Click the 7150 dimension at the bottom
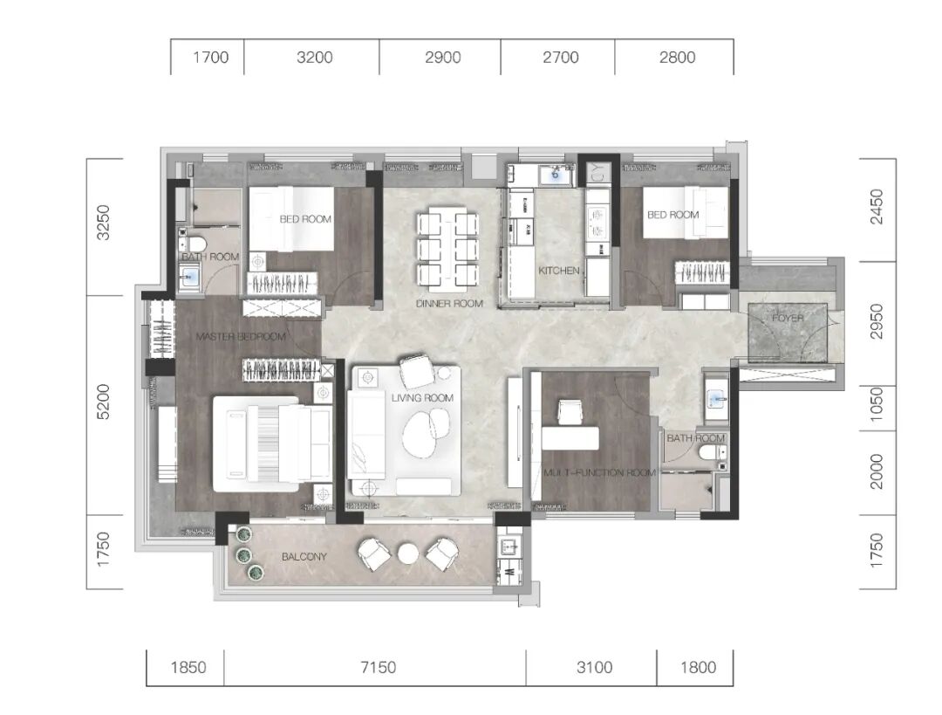379,667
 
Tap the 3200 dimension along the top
315,57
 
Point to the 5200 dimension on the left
104,402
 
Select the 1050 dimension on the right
877,403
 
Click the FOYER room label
788,318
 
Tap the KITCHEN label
559,271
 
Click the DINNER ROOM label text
449,304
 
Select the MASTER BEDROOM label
241,337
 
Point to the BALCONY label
304,557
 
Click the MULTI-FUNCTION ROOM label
599,472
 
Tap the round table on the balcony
408,553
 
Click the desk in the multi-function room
570,437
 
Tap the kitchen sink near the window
554,175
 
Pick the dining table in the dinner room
449,246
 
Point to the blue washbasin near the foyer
717,399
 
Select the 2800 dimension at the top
677,57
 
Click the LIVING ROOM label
422,398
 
